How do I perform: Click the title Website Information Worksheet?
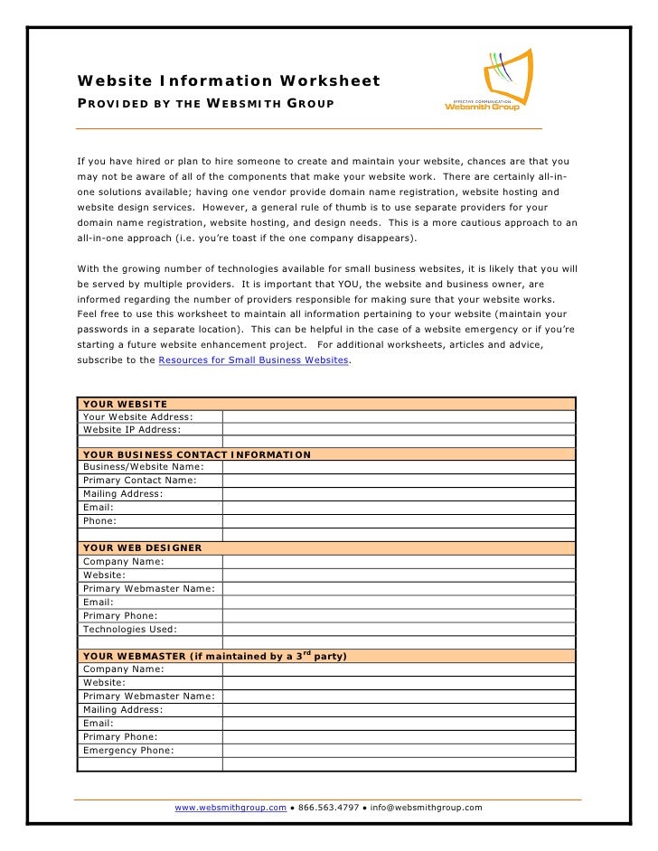coord(229,82)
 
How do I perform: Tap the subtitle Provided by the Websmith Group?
coord(205,105)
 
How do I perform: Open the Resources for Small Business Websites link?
coord(253,360)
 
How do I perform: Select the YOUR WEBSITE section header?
coord(125,403)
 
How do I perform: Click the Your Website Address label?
coord(137,416)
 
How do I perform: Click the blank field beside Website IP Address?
coord(398,430)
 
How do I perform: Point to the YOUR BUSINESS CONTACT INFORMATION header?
coord(197,454)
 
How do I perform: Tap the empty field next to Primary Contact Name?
coord(398,481)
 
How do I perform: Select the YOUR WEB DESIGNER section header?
coord(142,547)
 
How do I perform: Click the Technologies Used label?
coord(130,629)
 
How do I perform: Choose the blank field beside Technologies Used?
coord(398,629)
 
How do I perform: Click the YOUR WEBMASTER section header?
coord(215,655)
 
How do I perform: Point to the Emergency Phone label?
coord(128,750)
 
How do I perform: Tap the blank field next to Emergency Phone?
coord(398,750)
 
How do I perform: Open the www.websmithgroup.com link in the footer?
coord(230,808)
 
